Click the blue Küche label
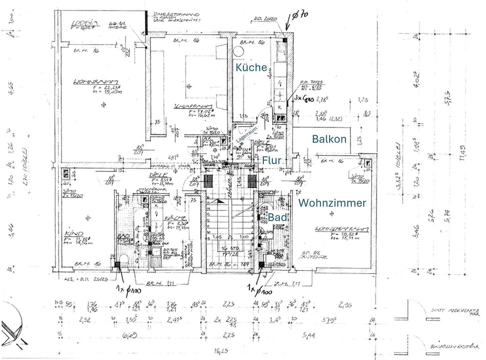point(251,67)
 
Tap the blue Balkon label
point(329,139)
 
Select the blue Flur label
point(271,160)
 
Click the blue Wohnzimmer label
point(332,203)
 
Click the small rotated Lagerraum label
point(247,135)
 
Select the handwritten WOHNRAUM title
point(96,81)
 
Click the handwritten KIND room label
point(74,233)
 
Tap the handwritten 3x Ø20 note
point(305,99)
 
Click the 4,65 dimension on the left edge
point(11,88)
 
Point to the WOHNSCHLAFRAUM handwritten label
point(342,229)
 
